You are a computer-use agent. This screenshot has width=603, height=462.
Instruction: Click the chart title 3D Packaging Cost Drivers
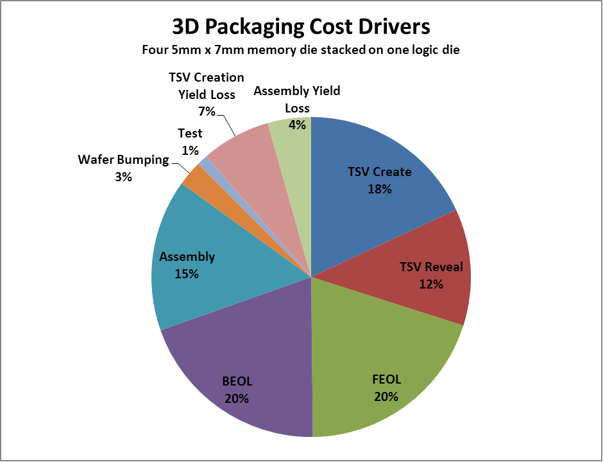[301, 27]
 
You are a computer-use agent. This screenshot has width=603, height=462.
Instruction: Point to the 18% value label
[380, 189]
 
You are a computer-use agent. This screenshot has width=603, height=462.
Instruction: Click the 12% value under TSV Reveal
[430, 283]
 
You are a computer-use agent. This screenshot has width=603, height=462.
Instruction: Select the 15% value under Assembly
[187, 274]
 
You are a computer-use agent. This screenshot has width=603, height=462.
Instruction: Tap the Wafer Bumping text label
[123, 159]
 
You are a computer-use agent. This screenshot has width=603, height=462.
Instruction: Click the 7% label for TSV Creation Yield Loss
[206, 111]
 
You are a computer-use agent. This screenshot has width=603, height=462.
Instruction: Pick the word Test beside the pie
[190, 133]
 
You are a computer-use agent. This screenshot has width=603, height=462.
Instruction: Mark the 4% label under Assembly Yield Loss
[297, 125]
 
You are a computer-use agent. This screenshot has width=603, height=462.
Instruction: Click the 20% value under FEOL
[386, 396]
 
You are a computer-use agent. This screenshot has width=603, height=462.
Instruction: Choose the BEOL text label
[237, 381]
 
